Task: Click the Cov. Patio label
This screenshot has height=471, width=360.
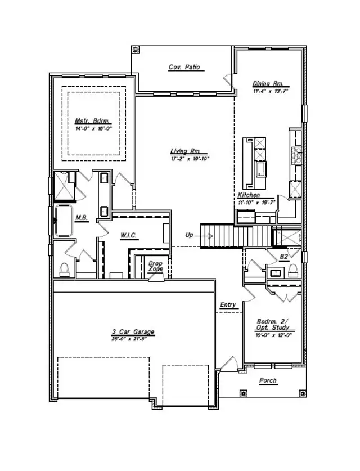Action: [x=184, y=68]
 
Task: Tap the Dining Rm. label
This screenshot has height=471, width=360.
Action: [x=263, y=84]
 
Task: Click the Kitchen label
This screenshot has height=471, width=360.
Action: [x=249, y=195]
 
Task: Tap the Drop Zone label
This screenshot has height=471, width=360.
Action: [x=156, y=266]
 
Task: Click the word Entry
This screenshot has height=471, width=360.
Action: [x=228, y=305]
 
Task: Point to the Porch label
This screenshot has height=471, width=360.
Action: [x=268, y=381]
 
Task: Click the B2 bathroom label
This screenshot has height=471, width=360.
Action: [x=285, y=257]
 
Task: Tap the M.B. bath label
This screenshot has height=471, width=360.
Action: [x=82, y=218]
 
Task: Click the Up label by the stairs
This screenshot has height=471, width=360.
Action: [x=190, y=235]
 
